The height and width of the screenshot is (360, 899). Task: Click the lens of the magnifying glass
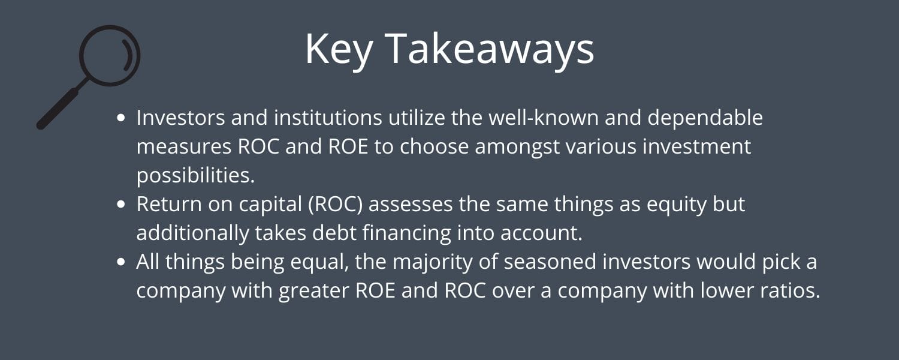click(110, 55)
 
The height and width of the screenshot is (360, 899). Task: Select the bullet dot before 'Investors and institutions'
click(122, 118)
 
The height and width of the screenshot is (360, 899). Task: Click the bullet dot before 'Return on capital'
click(122, 205)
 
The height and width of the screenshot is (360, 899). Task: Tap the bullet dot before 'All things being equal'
click(122, 262)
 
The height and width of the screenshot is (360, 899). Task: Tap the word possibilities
click(195, 176)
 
